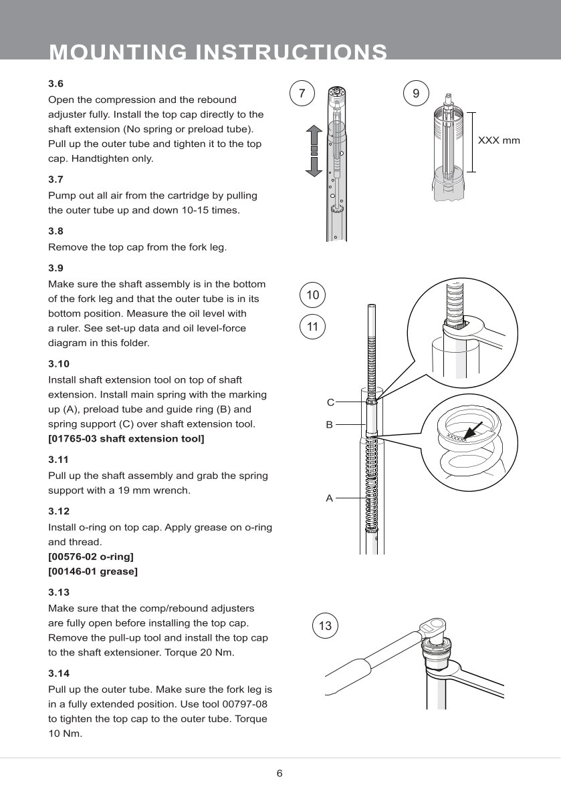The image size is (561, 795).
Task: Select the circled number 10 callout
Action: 312,295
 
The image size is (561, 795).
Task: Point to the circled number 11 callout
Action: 312,327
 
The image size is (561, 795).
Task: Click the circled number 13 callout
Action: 325,626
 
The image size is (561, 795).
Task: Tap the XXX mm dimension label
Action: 498,141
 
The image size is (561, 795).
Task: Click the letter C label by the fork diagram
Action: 330,403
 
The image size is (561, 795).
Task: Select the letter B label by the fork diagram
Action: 329,424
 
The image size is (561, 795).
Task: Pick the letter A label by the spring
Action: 329,498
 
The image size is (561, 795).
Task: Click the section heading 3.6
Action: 55,84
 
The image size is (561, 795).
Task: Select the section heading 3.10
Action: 59,364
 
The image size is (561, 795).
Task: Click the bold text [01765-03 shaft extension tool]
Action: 126,439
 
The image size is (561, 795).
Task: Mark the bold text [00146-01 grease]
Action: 93,572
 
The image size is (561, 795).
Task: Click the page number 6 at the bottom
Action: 279,774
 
